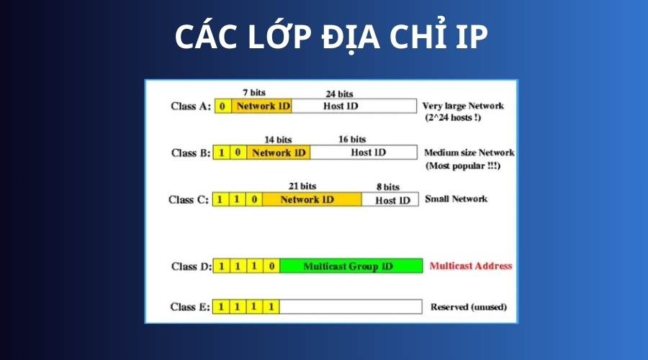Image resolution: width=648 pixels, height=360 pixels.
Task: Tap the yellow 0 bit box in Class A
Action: click(222, 107)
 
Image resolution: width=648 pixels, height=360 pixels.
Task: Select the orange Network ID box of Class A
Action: click(261, 107)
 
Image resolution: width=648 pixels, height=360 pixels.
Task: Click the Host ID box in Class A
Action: click(354, 107)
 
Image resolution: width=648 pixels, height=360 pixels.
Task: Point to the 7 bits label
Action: click(253, 93)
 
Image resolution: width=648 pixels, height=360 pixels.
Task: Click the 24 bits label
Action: click(339, 94)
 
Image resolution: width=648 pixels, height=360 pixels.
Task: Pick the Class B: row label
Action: click(191, 153)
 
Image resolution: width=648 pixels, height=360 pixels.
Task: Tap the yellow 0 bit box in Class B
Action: click(238, 153)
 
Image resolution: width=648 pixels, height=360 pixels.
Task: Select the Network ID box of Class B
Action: click(279, 153)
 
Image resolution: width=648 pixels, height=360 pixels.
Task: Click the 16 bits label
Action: click(352, 139)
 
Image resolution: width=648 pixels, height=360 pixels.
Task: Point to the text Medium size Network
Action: click(469, 153)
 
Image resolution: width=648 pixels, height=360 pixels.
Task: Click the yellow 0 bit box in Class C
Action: click(254, 199)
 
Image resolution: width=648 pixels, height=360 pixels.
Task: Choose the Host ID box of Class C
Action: click(390, 199)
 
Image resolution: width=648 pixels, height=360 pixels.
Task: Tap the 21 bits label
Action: click(302, 186)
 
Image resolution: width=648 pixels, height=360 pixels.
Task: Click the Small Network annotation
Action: click(456, 199)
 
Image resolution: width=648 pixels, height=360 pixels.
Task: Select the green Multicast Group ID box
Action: click(351, 266)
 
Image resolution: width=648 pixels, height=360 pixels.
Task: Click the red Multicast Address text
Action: click(471, 266)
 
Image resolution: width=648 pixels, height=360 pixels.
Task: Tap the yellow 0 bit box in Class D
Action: click(271, 266)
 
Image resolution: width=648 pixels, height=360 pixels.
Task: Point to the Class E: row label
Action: click(190, 307)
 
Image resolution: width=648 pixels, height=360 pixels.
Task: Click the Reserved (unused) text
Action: click(469, 307)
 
